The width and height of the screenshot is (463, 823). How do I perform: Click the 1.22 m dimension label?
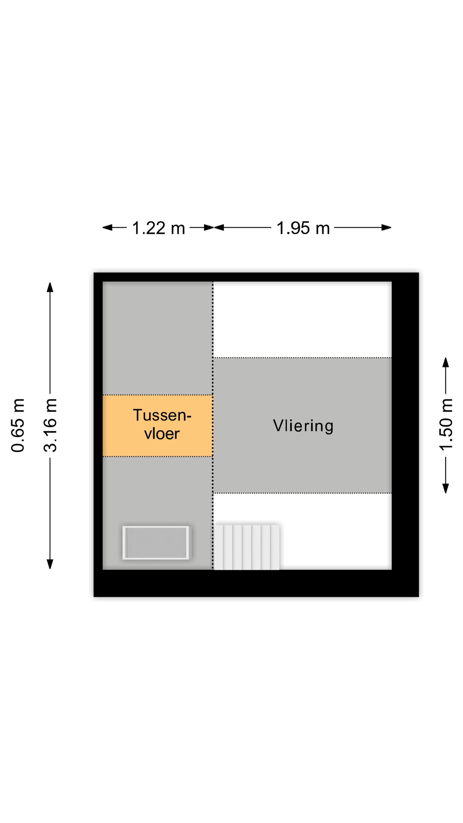[159, 228]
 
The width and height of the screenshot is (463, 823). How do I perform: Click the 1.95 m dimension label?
[303, 228]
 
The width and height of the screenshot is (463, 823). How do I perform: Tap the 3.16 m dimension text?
[50, 425]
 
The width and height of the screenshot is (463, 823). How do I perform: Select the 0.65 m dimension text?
[18, 425]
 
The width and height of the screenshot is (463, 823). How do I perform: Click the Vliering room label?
[303, 426]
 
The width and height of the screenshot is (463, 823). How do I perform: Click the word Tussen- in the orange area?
[162, 415]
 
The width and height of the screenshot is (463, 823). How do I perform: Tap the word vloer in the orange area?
[162, 433]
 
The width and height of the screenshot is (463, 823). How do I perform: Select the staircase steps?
[247, 547]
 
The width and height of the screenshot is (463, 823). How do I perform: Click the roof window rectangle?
[156, 543]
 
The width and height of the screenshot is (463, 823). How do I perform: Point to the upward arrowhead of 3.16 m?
[50, 287]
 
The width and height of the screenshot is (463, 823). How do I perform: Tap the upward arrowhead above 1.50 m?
[446, 362]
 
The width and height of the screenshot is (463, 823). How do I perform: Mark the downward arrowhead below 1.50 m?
[446, 488]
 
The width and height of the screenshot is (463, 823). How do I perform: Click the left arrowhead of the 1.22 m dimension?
[107, 228]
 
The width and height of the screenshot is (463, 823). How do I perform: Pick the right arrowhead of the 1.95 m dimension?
[386, 228]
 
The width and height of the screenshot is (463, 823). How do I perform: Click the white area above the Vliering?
[303, 319]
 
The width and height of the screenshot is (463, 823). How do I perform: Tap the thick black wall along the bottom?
[256, 583]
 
